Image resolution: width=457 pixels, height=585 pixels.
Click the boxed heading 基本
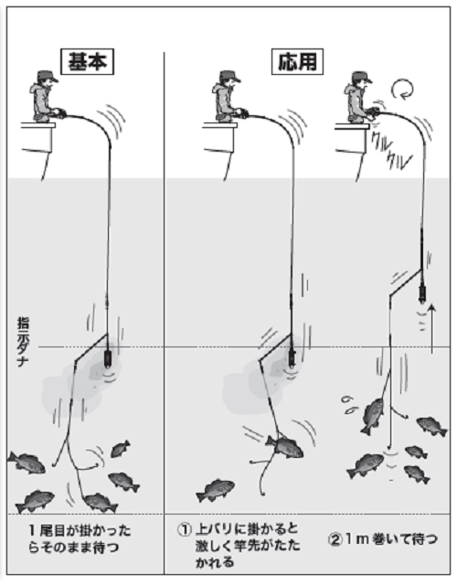pyautogui.click(x=88, y=62)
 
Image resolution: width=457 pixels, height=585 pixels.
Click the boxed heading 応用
pyautogui.click(x=297, y=62)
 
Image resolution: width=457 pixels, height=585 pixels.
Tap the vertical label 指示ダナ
pyautogui.click(x=23, y=343)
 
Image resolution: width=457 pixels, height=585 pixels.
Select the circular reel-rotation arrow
pyautogui.click(x=402, y=90)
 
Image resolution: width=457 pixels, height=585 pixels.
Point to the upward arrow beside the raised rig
pyautogui.click(x=432, y=328)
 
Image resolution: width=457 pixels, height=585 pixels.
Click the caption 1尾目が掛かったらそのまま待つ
pyautogui.click(x=80, y=538)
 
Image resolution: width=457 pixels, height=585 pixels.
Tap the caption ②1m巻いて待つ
pyautogui.click(x=382, y=539)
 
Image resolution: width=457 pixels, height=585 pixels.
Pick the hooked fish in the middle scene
pyautogui.click(x=284, y=446)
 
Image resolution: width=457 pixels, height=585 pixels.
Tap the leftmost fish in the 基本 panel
pyautogui.click(x=27, y=463)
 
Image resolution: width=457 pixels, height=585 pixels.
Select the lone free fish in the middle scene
pyautogui.click(x=216, y=490)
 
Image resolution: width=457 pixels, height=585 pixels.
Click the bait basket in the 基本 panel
pyautogui.click(x=108, y=357)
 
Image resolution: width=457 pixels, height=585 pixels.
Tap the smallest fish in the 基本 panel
pyautogui.click(x=120, y=449)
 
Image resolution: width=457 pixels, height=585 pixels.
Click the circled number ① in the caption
pyautogui.click(x=184, y=530)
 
